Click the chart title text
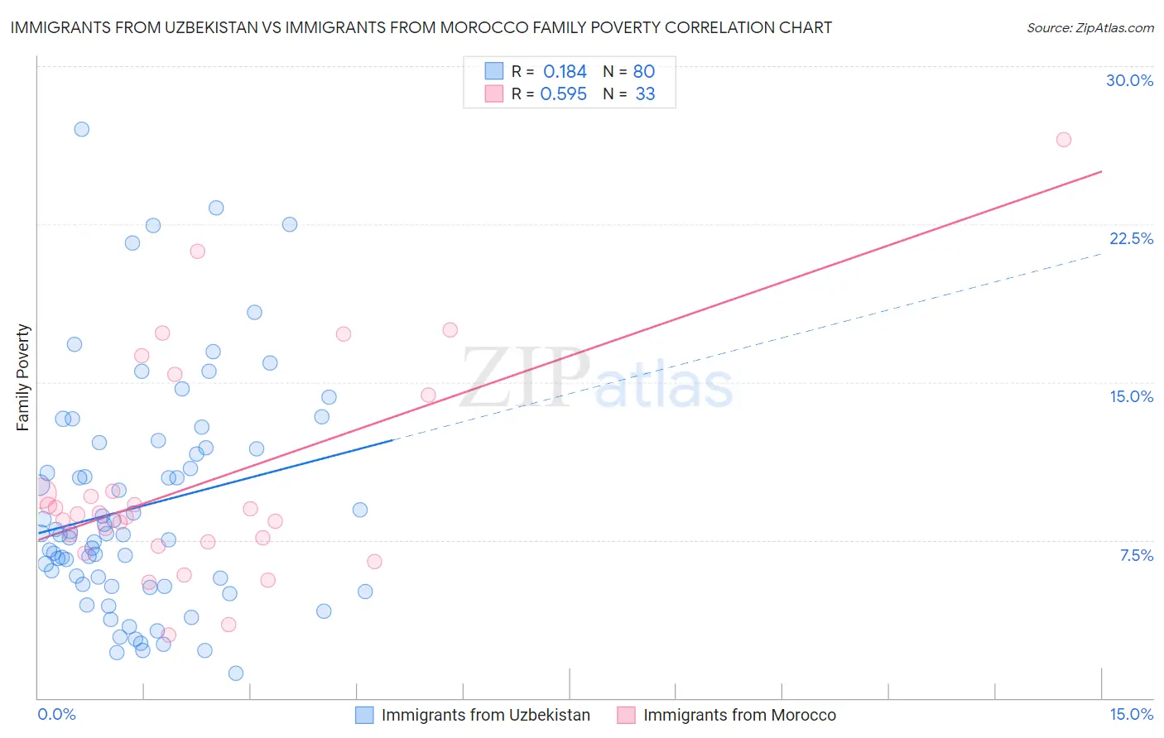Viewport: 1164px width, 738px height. click(x=421, y=27)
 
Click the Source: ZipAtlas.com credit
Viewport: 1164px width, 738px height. click(x=1089, y=28)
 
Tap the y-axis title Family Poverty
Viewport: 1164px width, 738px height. click(x=23, y=377)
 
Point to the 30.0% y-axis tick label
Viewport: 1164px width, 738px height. click(x=1129, y=80)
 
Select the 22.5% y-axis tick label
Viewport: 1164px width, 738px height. click(x=1131, y=238)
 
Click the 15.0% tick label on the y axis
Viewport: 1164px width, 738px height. click(x=1131, y=396)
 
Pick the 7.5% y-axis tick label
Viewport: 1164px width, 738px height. click(x=1136, y=555)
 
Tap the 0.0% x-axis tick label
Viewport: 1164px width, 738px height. click(x=56, y=714)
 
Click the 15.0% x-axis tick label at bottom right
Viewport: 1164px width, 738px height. click(x=1131, y=714)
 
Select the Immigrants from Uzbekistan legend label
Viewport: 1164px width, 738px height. click(x=485, y=715)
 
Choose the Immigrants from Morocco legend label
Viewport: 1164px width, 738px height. click(x=739, y=715)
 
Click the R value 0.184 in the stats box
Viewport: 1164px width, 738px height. click(x=565, y=72)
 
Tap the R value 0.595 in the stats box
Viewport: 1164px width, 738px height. click(x=563, y=94)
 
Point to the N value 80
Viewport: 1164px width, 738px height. click(x=643, y=72)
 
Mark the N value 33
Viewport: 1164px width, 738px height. click(x=645, y=94)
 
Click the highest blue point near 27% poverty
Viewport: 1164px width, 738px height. click(x=81, y=129)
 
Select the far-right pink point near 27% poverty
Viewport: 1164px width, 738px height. click(x=1064, y=140)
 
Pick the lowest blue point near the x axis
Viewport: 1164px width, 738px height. click(x=236, y=673)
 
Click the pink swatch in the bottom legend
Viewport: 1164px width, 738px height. click(x=626, y=715)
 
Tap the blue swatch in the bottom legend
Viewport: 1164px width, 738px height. click(x=364, y=715)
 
